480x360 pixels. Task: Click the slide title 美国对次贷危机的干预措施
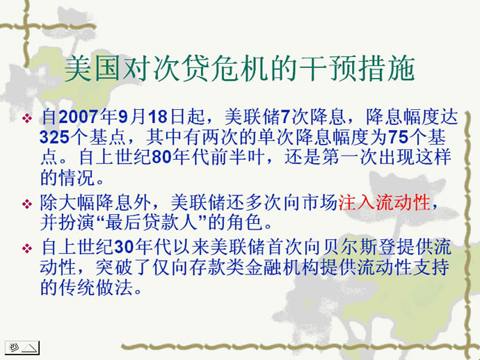click(240, 69)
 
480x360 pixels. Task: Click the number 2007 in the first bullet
click(78, 117)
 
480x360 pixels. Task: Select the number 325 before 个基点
click(54, 137)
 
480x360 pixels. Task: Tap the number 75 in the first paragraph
click(399, 137)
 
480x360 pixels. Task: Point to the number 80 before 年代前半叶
click(161, 157)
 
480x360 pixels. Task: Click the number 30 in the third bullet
click(124, 247)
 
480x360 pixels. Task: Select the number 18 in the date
click(158, 117)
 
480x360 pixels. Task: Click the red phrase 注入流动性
click(384, 202)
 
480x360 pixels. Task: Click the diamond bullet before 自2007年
click(27, 117)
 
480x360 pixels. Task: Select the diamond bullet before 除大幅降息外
click(27, 204)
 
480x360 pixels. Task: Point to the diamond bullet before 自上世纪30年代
click(27, 248)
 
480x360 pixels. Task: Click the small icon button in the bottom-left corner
click(22, 347)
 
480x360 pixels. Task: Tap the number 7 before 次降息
click(285, 117)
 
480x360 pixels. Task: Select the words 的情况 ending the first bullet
click(67, 178)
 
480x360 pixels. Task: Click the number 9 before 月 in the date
click(122, 117)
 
